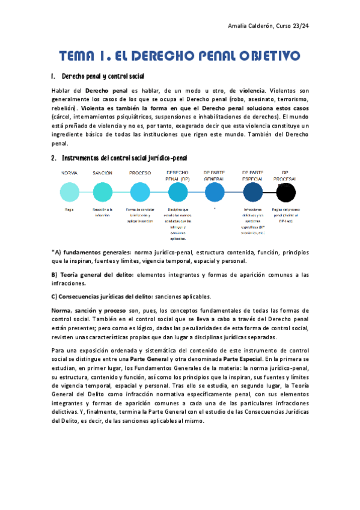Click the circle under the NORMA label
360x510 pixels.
click(69, 192)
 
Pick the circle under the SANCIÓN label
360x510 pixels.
click(102, 192)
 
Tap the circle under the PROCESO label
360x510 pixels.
click(139, 192)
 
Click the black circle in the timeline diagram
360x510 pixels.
click(285, 192)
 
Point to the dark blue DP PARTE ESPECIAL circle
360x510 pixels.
click(252, 192)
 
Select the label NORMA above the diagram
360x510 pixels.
click(69, 173)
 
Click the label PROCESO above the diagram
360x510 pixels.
click(139, 173)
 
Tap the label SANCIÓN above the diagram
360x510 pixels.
click(102, 173)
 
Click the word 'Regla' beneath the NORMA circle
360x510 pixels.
click(69, 210)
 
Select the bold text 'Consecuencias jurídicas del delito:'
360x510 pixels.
click(106, 296)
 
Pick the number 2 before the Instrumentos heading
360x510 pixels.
click(53, 158)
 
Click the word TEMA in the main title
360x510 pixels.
click(79, 57)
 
